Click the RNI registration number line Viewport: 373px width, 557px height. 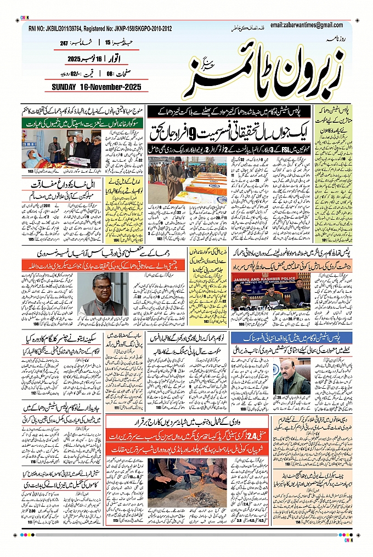[x=100, y=29]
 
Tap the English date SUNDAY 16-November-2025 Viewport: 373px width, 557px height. [x=97, y=87]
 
